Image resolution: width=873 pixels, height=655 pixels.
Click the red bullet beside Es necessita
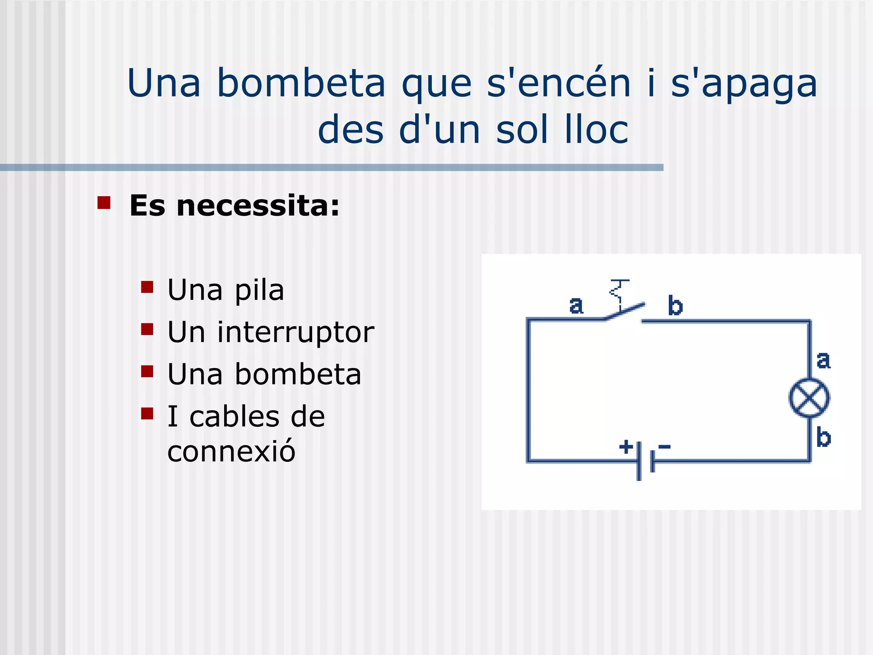(x=104, y=203)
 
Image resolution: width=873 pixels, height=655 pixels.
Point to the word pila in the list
(x=259, y=291)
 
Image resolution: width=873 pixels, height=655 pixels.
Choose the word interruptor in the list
(x=295, y=333)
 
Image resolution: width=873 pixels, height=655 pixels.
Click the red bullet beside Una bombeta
(x=147, y=371)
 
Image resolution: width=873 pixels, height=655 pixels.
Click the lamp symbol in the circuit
(x=809, y=398)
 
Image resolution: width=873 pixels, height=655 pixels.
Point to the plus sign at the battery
(x=626, y=447)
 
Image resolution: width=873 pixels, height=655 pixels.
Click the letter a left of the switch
(x=576, y=305)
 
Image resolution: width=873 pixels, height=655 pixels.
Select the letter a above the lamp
(x=824, y=360)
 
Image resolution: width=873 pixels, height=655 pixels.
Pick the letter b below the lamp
(x=824, y=438)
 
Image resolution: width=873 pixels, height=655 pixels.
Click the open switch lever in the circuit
(x=625, y=311)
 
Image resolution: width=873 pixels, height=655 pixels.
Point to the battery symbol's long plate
(x=639, y=461)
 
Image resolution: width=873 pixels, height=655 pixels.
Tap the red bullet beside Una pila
(x=147, y=287)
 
